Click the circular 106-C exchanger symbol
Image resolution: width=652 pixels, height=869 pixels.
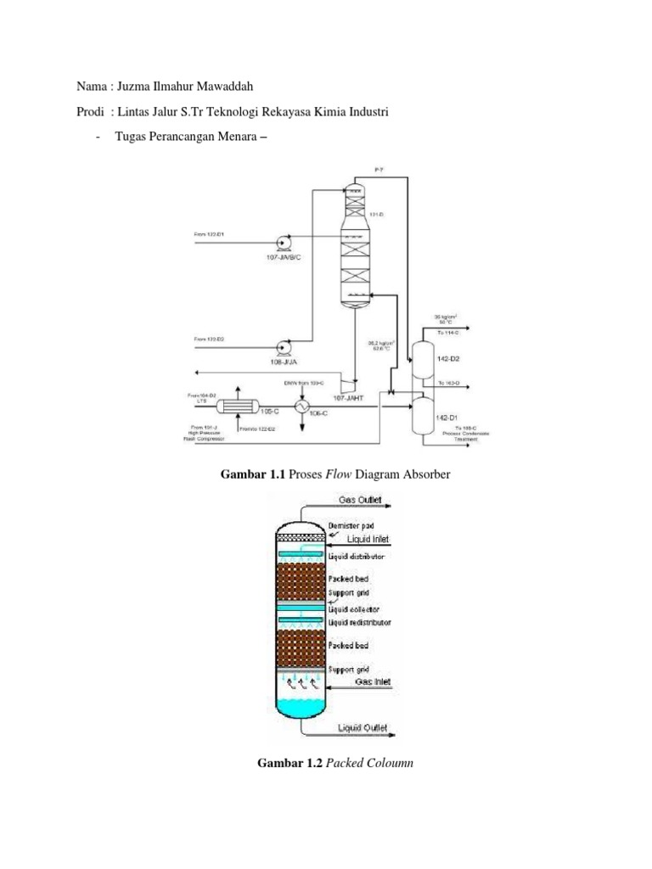[x=301, y=407]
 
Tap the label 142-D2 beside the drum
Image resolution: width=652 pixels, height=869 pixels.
[x=448, y=359]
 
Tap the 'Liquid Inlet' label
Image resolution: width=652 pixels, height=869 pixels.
[x=372, y=539]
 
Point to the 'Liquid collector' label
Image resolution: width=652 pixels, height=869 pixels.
[x=354, y=609]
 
